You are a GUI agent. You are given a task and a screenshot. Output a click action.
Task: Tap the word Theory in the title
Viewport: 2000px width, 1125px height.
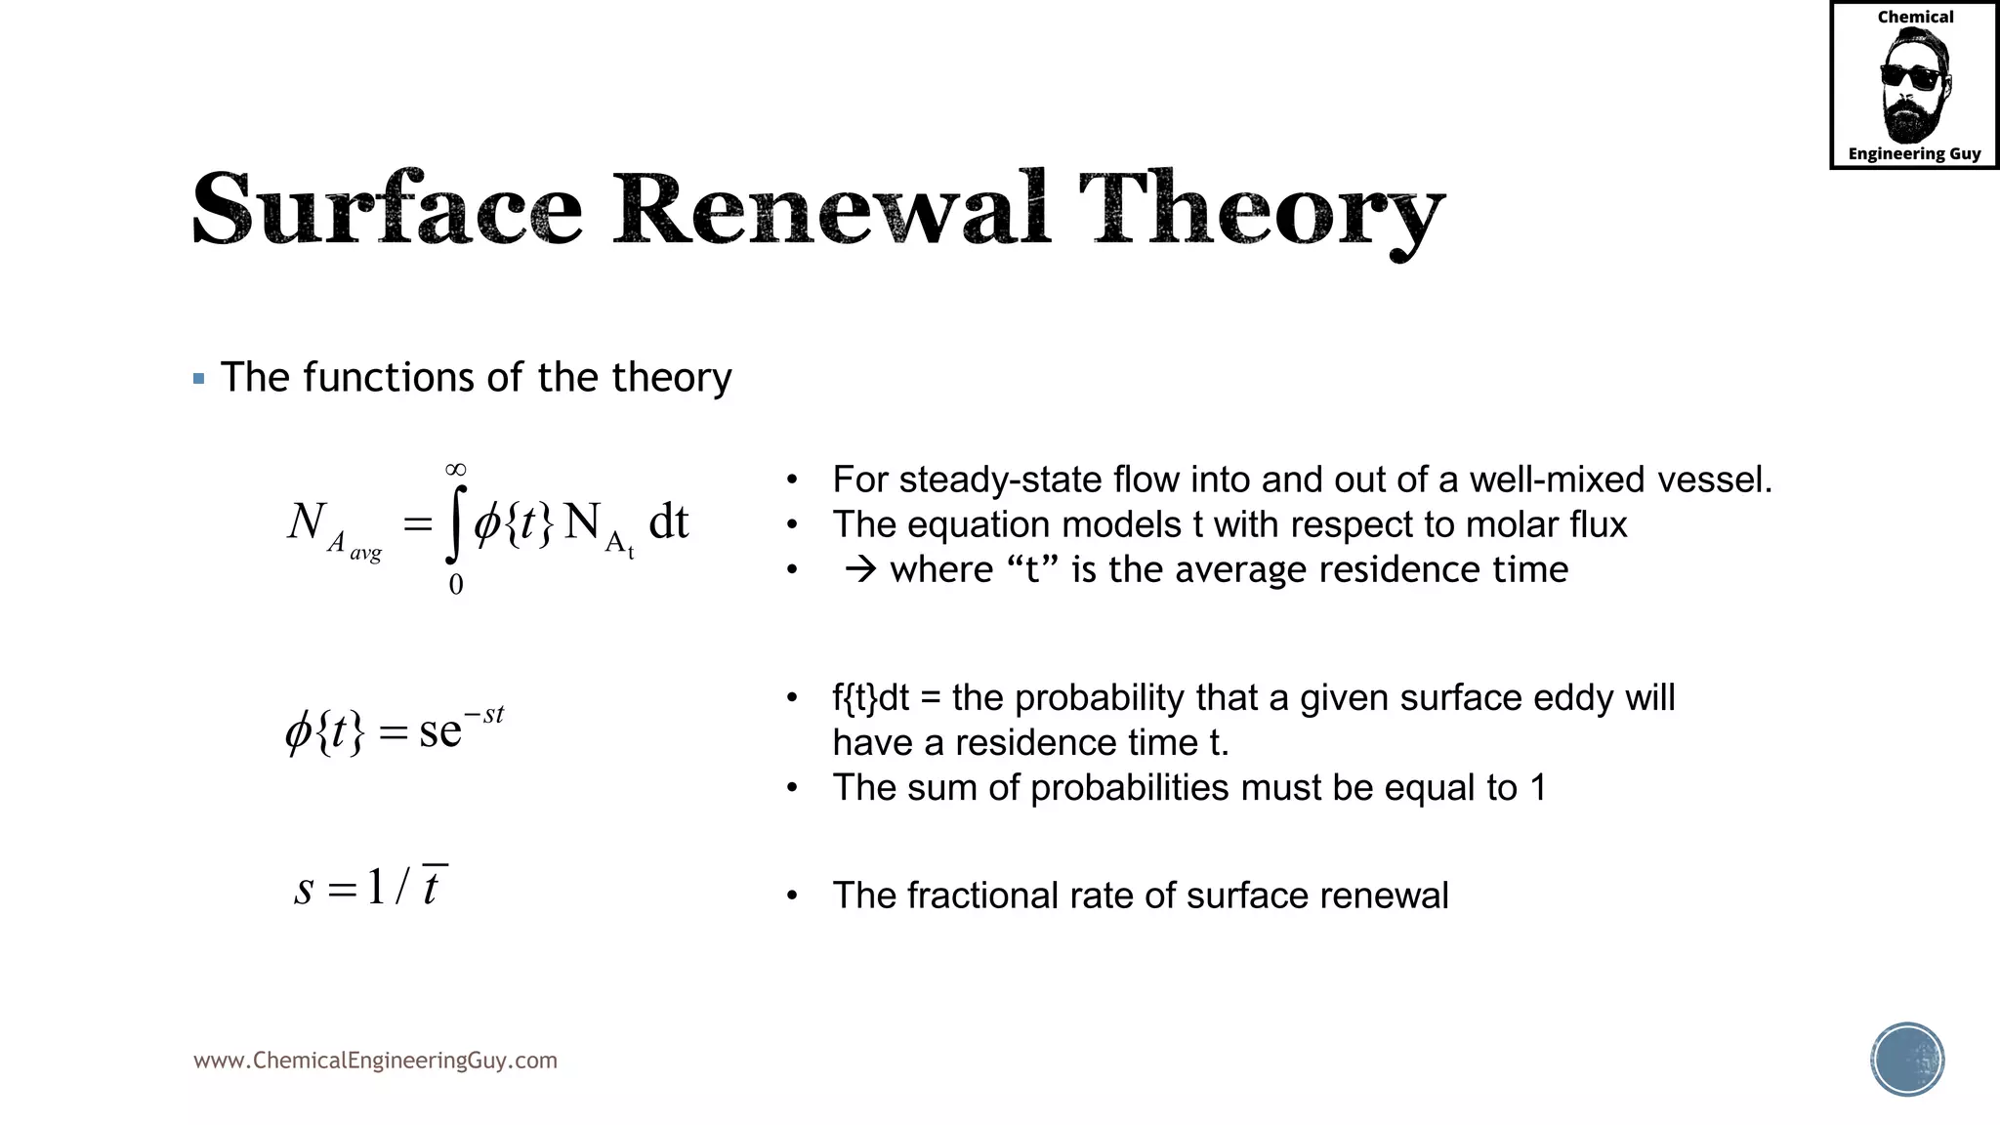pos(1261,210)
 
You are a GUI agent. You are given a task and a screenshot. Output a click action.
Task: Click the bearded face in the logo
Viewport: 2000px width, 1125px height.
pos(1913,86)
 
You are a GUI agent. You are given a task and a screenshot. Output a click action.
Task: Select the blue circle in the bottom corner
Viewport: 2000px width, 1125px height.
pos(1907,1060)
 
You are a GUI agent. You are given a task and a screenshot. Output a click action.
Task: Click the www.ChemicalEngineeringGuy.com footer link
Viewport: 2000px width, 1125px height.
pos(375,1061)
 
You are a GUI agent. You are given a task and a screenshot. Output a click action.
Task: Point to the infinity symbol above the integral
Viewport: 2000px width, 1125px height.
pos(455,470)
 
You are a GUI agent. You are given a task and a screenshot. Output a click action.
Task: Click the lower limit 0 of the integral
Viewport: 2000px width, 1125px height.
pos(455,585)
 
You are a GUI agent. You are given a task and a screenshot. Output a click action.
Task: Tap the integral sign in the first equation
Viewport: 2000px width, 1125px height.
pos(455,525)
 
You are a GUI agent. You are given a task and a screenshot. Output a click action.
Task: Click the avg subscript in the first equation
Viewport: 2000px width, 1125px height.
pos(365,553)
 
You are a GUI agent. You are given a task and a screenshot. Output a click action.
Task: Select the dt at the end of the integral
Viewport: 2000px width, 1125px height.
pos(669,521)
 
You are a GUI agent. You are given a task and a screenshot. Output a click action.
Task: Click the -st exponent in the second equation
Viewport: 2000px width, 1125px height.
pos(485,716)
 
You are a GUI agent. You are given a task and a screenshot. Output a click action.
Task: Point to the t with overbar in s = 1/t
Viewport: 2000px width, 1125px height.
pos(433,886)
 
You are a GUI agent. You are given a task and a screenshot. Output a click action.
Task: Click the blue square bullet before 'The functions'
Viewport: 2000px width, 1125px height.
pos(199,379)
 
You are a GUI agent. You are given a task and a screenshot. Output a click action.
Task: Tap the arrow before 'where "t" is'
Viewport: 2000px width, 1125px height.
pos(860,569)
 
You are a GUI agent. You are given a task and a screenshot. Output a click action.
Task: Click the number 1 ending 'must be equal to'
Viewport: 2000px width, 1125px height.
pos(1538,788)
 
